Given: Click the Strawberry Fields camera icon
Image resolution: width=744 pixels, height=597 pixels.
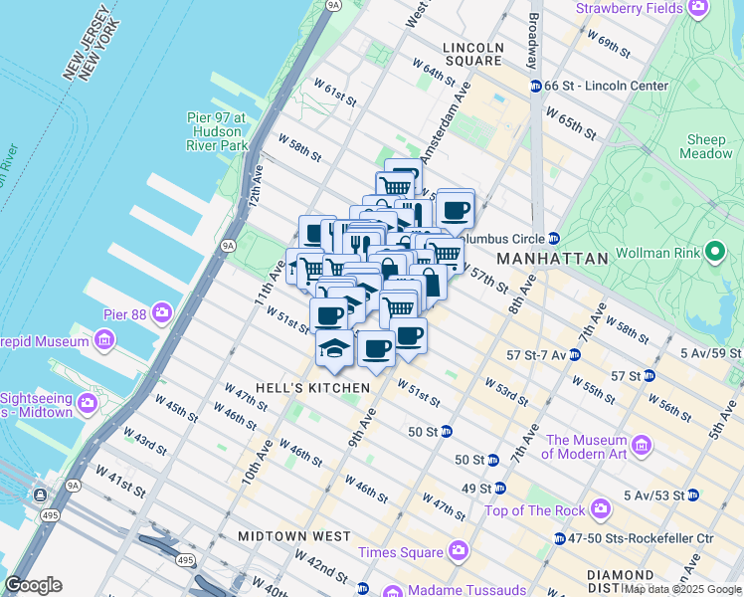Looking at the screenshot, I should pos(699,9).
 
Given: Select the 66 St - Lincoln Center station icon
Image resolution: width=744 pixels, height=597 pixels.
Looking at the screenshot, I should pos(535,86).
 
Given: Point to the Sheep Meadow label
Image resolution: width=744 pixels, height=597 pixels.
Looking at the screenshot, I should pos(705,146).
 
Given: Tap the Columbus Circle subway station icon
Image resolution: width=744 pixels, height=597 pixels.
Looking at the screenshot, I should pos(554,239).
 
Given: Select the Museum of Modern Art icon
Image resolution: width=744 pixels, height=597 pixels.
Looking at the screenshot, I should pos(641,444).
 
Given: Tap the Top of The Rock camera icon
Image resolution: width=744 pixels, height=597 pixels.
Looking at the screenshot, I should pos(601,510).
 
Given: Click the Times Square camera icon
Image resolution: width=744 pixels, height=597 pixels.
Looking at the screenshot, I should pos(458,549).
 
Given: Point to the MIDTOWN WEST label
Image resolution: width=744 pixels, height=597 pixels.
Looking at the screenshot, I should pos(293,536).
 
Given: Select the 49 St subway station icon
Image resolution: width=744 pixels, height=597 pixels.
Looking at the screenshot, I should pos(500,488).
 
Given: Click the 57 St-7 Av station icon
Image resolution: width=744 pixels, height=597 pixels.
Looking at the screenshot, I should pos(576,354).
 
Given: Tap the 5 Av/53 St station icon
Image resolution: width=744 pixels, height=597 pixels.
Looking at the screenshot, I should pos(693,495).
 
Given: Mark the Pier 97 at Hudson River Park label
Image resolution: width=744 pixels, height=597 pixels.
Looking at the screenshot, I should pos(216,131).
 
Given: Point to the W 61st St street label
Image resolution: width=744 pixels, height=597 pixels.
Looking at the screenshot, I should pos(334,92).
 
